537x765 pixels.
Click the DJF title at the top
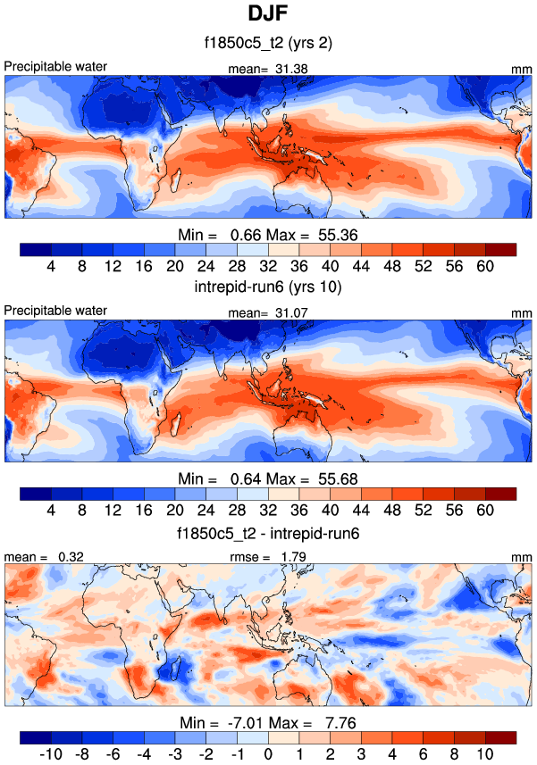point(267,15)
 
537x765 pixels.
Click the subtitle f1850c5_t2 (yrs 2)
point(267,42)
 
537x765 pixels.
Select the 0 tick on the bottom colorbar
point(268,754)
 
